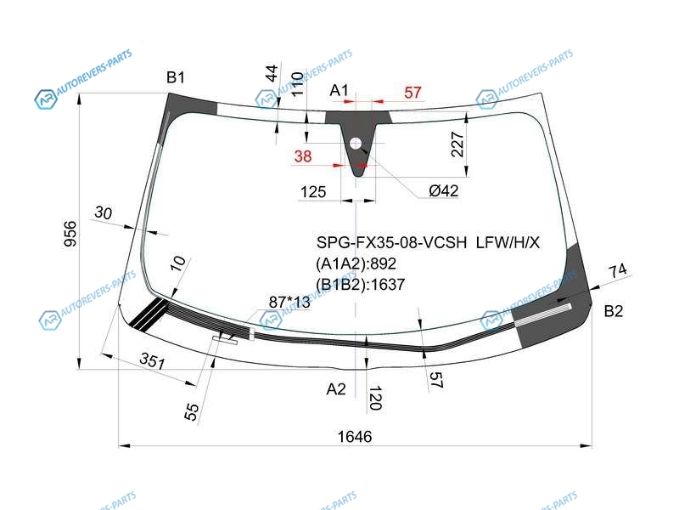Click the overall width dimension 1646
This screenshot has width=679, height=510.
355,436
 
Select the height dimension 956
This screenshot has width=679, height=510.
70,234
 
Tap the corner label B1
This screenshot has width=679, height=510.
176,77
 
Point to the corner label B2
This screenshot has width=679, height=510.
613,311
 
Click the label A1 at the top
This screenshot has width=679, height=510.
339,90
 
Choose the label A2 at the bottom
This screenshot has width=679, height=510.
336,389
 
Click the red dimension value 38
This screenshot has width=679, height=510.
303,156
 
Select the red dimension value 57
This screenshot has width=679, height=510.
412,93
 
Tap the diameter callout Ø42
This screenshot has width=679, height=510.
443,190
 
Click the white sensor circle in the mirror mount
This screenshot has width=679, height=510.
356,143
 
